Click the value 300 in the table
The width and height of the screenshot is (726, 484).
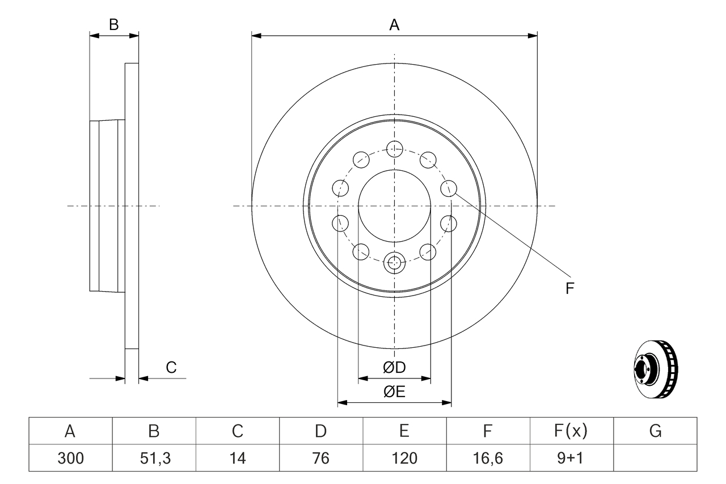(x=70, y=458)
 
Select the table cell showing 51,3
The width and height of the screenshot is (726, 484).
(x=154, y=458)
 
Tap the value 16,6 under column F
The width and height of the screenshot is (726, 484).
(x=488, y=458)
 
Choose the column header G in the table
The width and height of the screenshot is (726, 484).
(x=655, y=432)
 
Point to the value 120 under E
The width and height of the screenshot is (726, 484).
(x=404, y=458)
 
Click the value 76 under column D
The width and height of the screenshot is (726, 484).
(x=321, y=458)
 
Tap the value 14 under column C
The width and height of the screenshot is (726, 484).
(x=238, y=458)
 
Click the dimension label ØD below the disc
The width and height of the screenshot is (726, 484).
(x=394, y=368)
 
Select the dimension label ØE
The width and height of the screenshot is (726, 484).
(x=394, y=392)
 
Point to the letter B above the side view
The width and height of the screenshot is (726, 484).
(x=114, y=24)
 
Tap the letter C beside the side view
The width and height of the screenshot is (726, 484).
(x=171, y=368)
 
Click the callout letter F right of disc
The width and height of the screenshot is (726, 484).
(x=570, y=288)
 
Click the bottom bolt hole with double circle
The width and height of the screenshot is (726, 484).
(x=394, y=262)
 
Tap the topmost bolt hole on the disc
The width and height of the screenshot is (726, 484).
(x=394, y=149)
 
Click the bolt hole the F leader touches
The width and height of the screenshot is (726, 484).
(x=449, y=188)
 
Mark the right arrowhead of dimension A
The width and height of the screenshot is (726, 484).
(x=533, y=36)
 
